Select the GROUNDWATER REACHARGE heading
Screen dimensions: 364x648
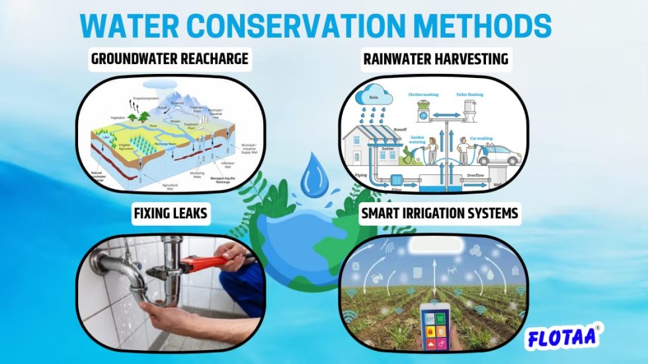pyautogui.click(x=170, y=59)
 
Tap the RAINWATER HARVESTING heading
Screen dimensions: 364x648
pyautogui.click(x=436, y=59)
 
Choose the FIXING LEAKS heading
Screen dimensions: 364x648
pyautogui.click(x=171, y=215)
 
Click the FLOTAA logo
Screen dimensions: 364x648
pyautogui.click(x=563, y=338)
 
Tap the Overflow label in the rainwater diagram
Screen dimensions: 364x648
pyautogui.click(x=475, y=174)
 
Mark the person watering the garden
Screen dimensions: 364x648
pyautogui.click(x=432, y=150)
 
